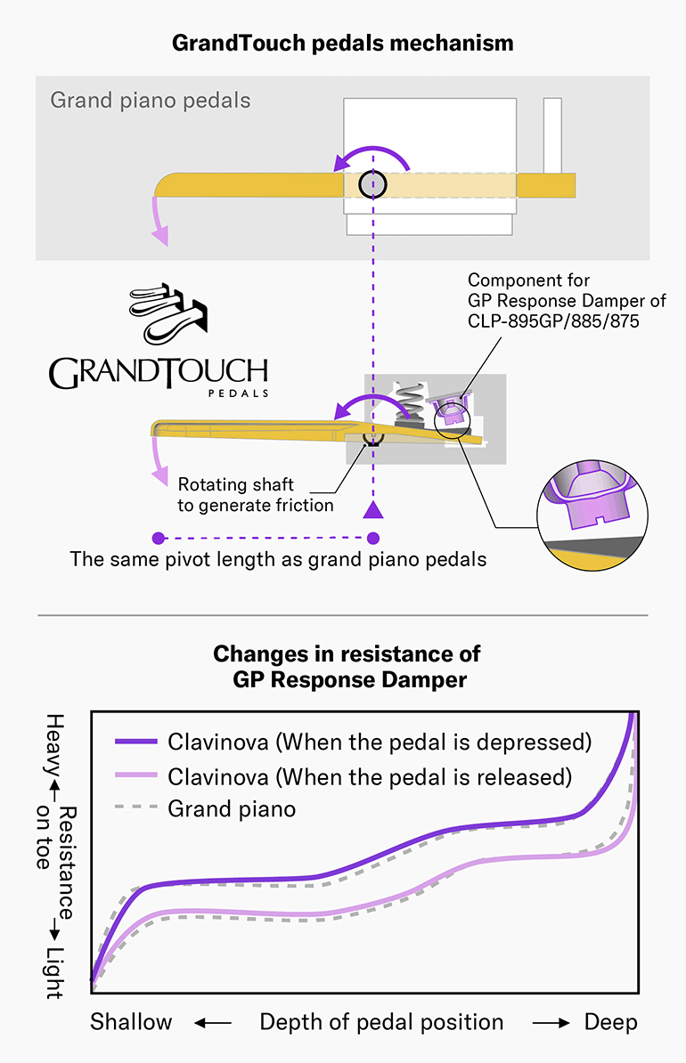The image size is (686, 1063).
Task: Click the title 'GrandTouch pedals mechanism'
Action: [x=342, y=42]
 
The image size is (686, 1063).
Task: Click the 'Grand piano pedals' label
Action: [x=150, y=100]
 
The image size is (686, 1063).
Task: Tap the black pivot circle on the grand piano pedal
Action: [x=373, y=184]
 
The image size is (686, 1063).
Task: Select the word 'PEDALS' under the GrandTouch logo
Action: [x=236, y=392]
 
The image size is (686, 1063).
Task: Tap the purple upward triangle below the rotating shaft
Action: [x=373, y=509]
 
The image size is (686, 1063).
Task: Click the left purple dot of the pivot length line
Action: [x=159, y=538]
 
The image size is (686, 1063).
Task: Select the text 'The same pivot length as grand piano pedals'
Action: [x=278, y=561]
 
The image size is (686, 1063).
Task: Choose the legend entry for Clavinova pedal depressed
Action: [x=380, y=742]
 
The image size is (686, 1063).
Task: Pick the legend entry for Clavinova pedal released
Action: [x=369, y=776]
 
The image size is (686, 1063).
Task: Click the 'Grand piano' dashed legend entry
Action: [x=232, y=809]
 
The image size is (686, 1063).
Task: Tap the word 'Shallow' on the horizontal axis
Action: [x=131, y=1022]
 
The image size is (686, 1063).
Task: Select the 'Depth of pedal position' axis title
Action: [x=381, y=1022]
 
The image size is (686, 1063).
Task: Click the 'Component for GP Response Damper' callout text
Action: [x=567, y=301]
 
